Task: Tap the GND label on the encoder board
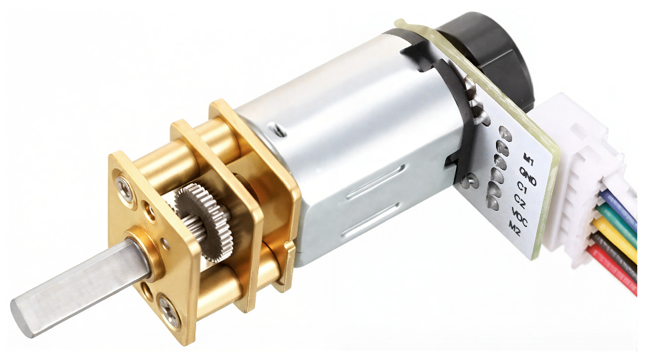coord(527,175)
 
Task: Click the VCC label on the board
coord(519,217)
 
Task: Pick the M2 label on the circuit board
coord(515,229)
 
